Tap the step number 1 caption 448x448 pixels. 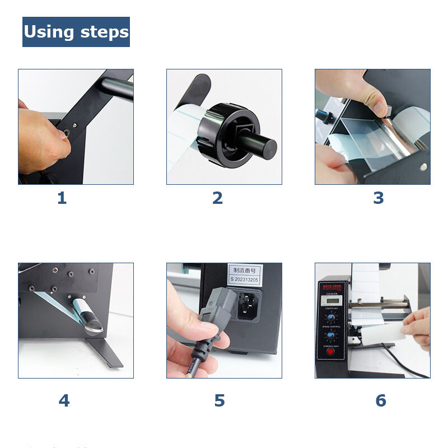[62, 198]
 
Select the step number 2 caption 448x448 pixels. [217, 198]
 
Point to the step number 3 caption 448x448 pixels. [379, 198]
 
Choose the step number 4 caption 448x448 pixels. [64, 400]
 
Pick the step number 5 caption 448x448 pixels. [219, 400]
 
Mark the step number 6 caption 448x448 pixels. [381, 400]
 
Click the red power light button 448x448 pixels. [330, 352]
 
